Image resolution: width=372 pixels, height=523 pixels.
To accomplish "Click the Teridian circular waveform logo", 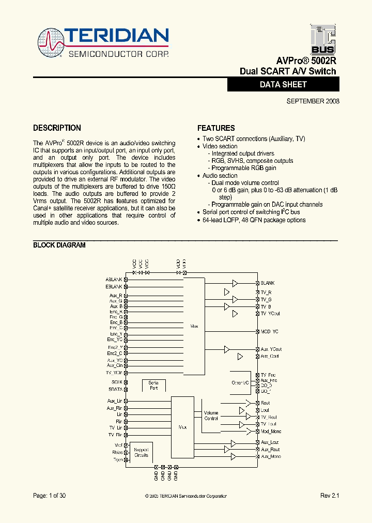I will click(51, 41).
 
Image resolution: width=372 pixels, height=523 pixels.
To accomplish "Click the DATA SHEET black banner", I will click(283, 84).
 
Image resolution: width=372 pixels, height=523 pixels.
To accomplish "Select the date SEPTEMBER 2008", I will click(313, 101).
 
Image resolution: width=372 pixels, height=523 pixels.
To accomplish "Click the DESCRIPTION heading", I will click(57, 128).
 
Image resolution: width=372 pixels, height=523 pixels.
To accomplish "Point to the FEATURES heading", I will click(216, 128).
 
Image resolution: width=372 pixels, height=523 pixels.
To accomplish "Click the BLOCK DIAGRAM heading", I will click(59, 245).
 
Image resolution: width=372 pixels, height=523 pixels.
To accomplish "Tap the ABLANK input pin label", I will click(114, 279).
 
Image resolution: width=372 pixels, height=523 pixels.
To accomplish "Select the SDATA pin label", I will click(115, 389).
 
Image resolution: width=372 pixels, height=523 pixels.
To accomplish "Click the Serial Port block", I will click(153, 385).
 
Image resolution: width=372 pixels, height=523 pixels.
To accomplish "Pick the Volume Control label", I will click(211, 416).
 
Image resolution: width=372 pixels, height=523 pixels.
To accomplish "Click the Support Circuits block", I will click(141, 452).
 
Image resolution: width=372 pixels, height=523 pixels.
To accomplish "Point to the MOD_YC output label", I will click(269, 331).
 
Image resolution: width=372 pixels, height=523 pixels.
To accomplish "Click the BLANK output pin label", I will click(267, 283).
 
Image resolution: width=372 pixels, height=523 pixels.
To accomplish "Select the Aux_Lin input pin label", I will click(115, 401).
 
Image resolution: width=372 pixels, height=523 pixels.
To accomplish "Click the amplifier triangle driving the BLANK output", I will click(235, 283).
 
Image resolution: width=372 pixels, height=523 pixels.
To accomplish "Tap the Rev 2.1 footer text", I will click(330, 496).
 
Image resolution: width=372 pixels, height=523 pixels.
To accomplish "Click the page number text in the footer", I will click(49, 496).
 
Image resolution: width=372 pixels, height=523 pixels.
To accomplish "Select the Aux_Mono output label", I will click(270, 457).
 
